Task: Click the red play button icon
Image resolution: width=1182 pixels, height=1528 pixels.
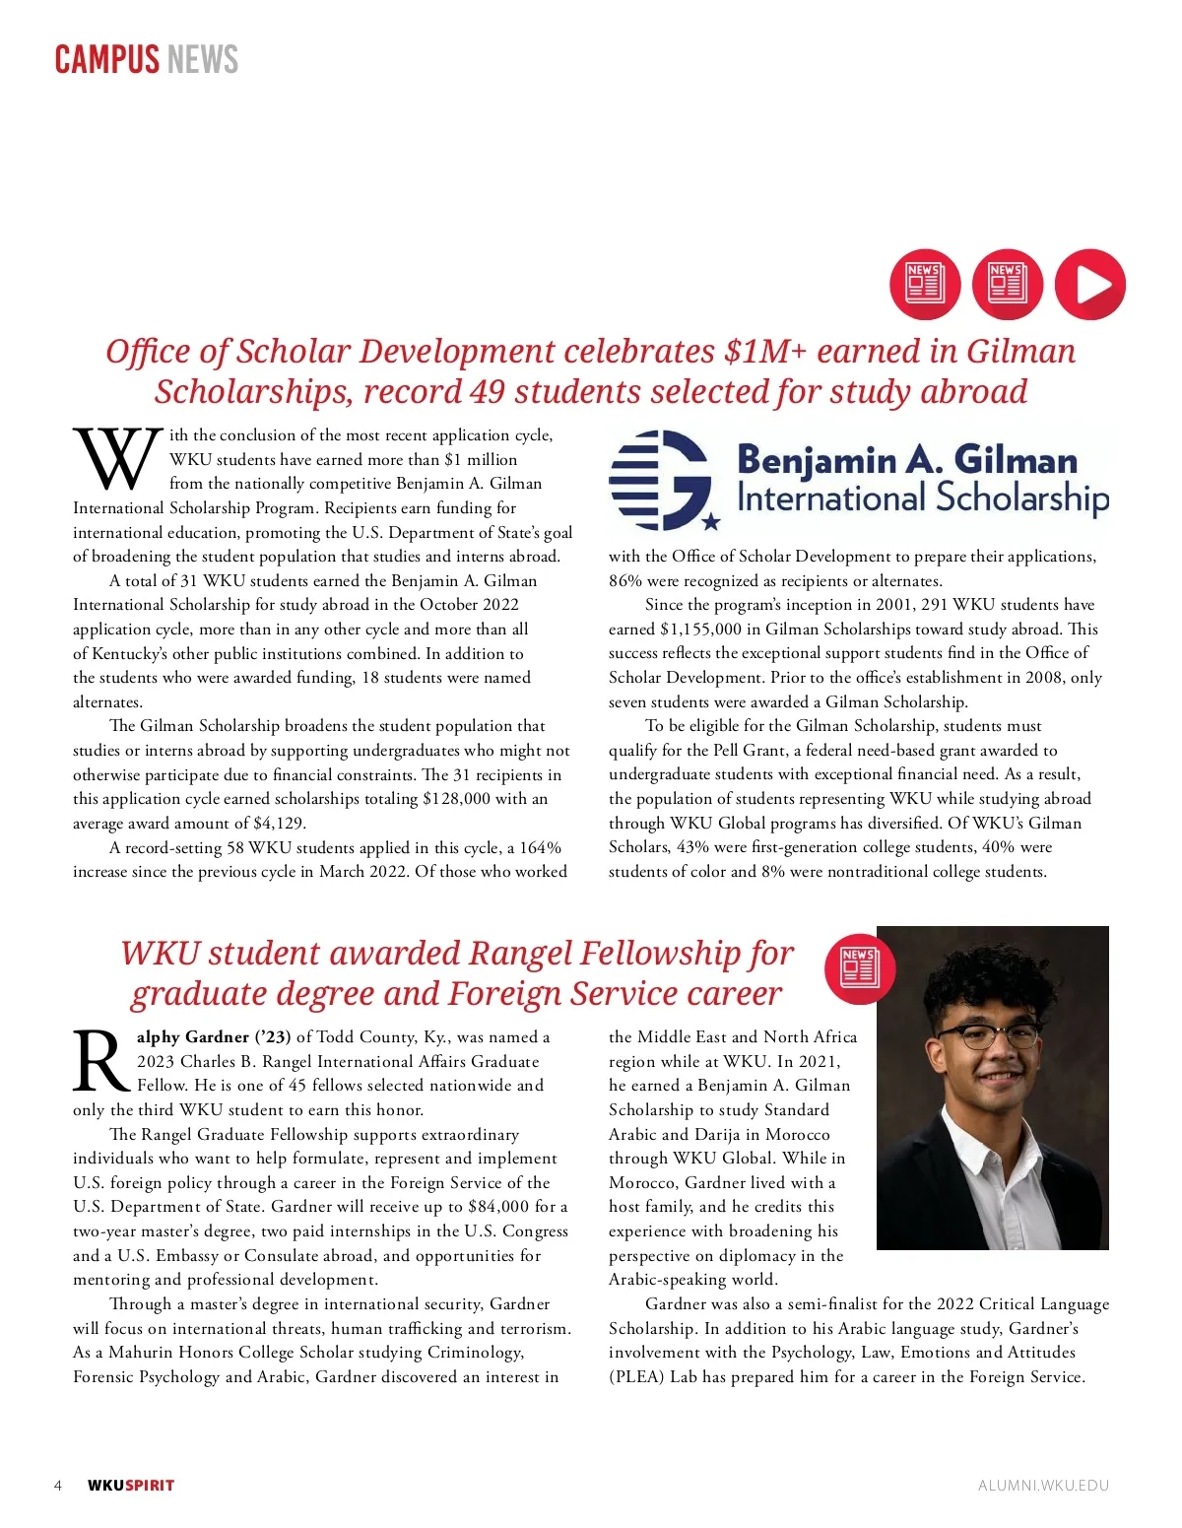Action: pos(1089,285)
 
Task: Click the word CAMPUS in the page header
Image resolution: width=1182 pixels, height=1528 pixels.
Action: pos(105,60)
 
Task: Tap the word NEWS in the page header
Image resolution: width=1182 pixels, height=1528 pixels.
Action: pos(202,60)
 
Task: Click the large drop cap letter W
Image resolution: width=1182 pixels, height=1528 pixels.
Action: pos(117,459)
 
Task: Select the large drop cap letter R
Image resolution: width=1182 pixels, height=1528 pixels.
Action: pos(100,1062)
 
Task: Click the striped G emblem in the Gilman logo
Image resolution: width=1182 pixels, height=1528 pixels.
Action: pos(661,480)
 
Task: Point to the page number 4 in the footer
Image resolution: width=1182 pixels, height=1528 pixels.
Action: pos(58,1486)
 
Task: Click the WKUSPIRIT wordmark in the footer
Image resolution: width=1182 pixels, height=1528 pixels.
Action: pos(130,1486)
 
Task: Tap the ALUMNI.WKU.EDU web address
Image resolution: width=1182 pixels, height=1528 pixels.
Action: pos(1042,1486)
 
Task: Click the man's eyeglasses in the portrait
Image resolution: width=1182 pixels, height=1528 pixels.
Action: pos(988,1036)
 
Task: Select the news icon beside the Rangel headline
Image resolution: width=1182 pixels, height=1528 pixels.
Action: pos(858,967)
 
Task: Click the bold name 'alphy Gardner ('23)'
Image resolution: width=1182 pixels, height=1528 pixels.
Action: pos(214,1037)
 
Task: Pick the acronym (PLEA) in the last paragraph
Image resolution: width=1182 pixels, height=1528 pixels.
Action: pos(635,1377)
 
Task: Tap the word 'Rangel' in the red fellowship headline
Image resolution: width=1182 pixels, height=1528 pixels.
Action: pos(520,954)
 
